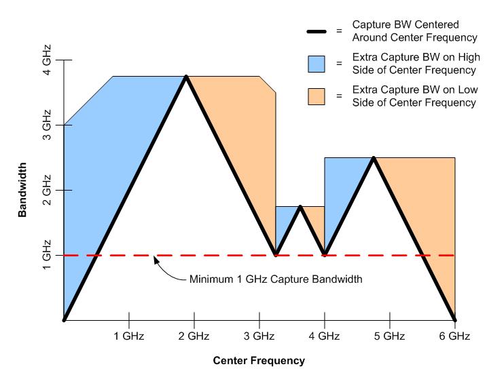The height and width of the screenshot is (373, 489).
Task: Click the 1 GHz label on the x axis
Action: coord(128,336)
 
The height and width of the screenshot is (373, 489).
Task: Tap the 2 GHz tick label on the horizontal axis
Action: coord(194,336)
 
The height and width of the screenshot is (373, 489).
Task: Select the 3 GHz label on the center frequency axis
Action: coord(259,336)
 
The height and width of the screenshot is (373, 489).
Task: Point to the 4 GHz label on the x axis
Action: coord(324,336)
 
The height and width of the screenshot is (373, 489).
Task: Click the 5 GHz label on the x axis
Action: coord(389,336)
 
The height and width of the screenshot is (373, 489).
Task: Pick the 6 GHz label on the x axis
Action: coord(454,336)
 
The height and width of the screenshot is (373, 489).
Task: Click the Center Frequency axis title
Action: coord(259,360)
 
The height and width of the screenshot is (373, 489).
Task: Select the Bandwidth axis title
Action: coord(22,189)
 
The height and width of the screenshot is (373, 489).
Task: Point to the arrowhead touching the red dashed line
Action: coord(156,258)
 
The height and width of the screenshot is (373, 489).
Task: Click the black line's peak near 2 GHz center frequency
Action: coord(186,77)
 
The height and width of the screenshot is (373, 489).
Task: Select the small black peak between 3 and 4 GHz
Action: coord(300,207)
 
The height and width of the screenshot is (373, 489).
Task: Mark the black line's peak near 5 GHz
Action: coord(373,158)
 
